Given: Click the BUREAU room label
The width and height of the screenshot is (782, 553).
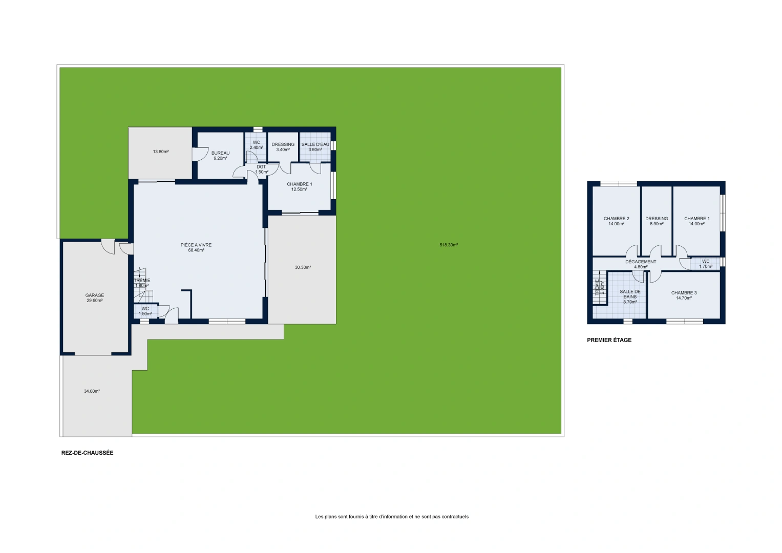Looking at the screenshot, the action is click(220, 153).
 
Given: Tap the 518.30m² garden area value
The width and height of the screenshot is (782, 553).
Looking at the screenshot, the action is click(449, 245).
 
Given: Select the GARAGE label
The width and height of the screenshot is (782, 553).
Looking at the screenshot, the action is click(95, 295).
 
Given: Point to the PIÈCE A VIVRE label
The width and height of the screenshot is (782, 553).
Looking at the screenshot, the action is click(196, 245).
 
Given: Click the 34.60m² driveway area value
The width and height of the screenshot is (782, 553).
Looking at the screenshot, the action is click(92, 391).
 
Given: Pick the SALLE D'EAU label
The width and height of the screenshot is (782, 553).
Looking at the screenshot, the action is click(315, 144).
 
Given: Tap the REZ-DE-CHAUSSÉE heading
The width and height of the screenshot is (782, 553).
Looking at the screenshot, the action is click(87, 453).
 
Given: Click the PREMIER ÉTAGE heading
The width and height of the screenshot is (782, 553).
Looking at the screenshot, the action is click(609, 340).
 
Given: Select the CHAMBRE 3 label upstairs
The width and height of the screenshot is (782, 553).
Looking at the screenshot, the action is click(684, 293).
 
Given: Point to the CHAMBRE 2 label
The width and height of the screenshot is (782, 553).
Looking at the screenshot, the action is click(617, 219).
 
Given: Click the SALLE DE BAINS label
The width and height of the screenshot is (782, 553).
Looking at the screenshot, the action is click(630, 294).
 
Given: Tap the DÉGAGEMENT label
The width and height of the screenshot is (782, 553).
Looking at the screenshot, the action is click(641, 262).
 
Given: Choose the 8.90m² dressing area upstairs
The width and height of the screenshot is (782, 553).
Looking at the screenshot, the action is click(657, 224).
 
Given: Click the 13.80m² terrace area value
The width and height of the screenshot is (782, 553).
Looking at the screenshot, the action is click(161, 152).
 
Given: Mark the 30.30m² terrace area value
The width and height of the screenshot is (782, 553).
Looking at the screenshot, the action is click(303, 267).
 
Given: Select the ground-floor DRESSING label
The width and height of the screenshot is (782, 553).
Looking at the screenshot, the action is click(283, 144).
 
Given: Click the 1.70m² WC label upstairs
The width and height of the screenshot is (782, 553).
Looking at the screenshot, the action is click(706, 267).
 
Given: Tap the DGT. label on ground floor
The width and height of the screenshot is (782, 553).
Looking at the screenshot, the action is click(262, 167).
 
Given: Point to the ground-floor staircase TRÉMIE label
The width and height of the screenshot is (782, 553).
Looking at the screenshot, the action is click(142, 281).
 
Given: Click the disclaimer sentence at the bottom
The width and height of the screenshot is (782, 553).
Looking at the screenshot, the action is click(392, 517).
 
